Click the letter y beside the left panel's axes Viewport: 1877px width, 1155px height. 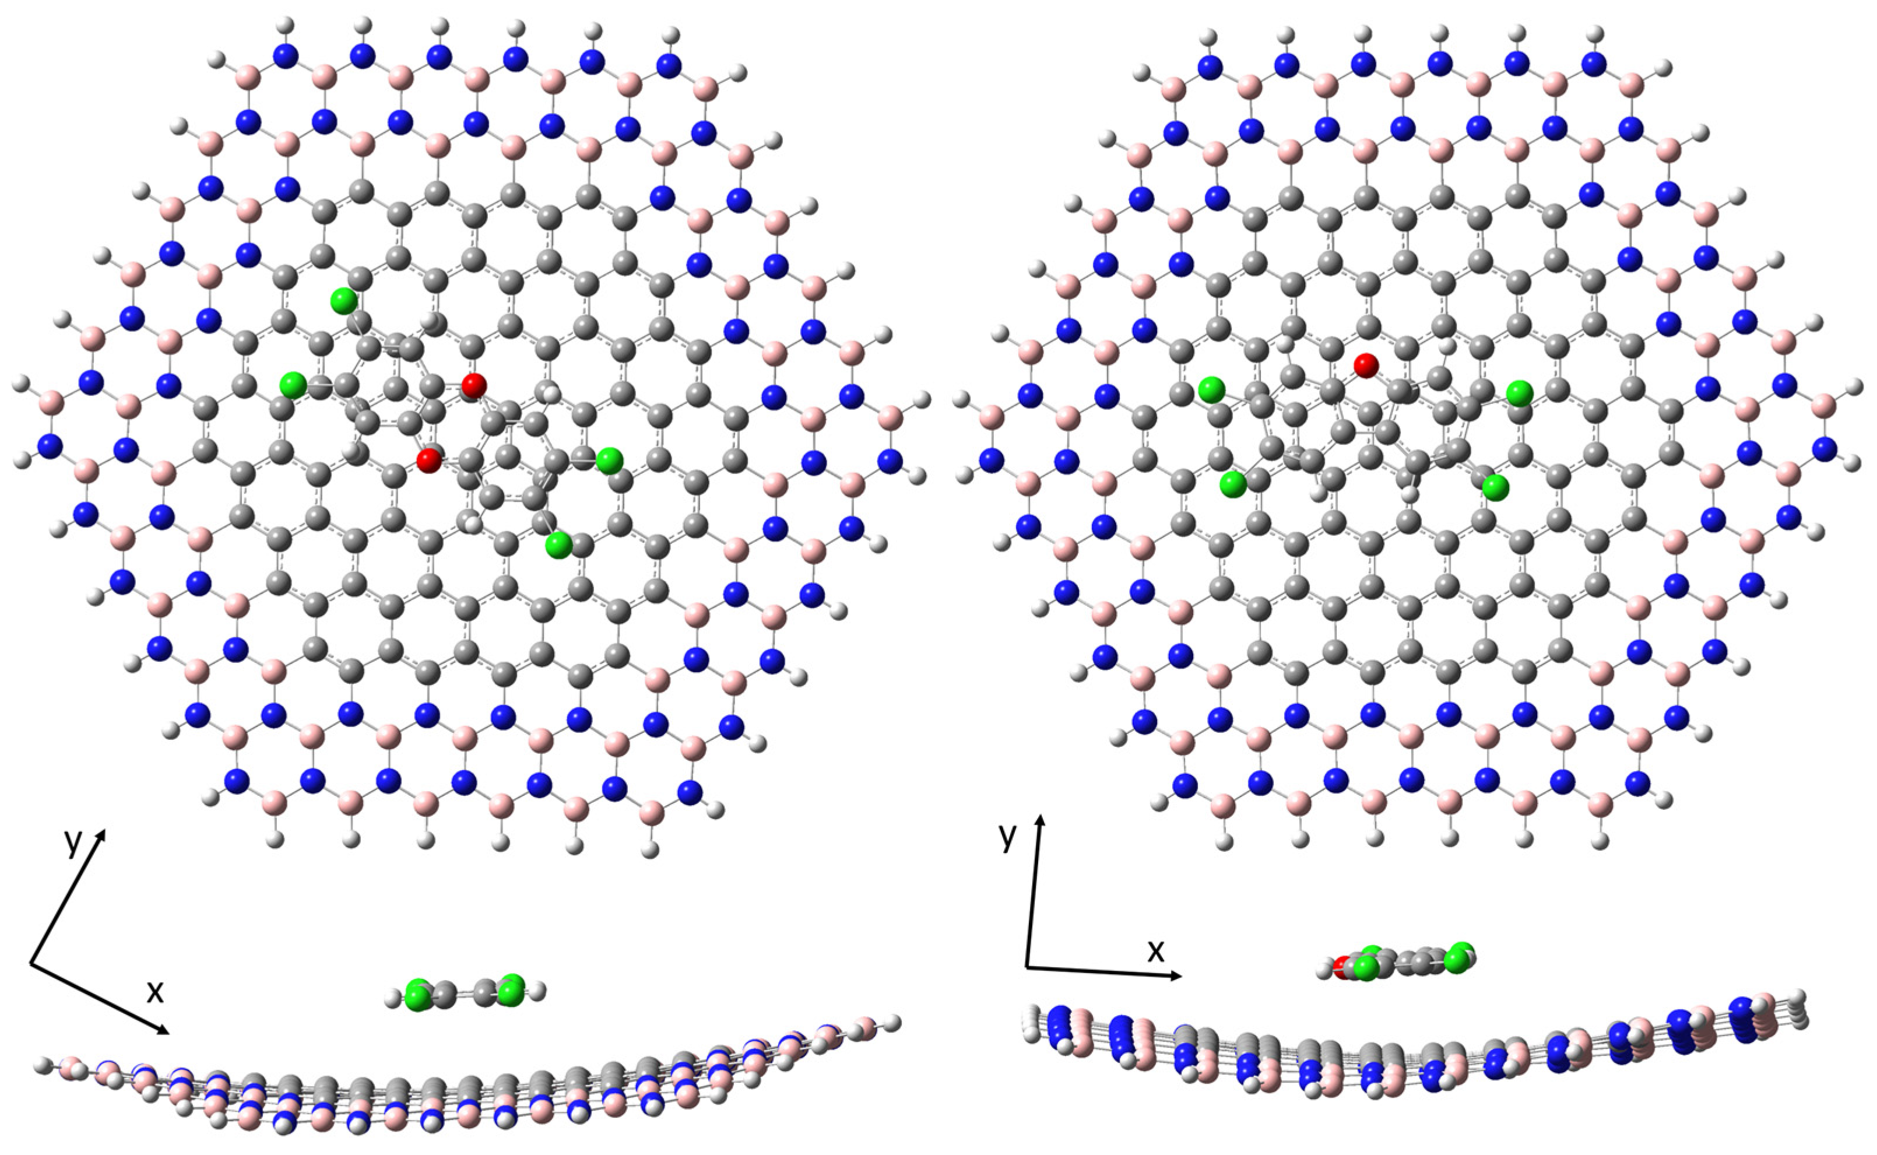click(x=72, y=842)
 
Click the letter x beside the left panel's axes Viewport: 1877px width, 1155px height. click(x=155, y=991)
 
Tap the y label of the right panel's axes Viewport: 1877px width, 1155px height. click(x=1008, y=837)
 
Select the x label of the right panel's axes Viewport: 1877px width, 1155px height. click(x=1156, y=950)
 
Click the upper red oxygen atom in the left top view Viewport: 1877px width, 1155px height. click(x=473, y=385)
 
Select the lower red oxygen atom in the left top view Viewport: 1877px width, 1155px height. click(x=428, y=460)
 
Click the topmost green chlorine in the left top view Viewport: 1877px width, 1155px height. click(x=344, y=302)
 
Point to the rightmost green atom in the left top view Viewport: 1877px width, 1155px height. click(x=609, y=461)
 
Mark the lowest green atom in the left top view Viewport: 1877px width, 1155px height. click(x=558, y=545)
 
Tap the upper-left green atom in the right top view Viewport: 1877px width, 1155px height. click(x=1210, y=389)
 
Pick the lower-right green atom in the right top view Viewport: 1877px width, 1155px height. click(x=1496, y=487)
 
